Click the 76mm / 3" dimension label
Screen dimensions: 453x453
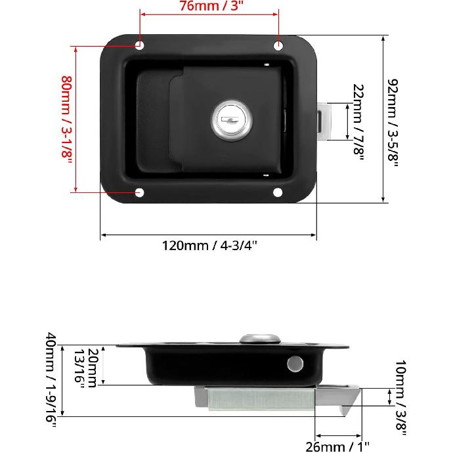(209, 7)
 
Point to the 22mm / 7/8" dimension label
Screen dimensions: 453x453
(358, 120)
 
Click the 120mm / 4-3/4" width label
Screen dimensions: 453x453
(209, 246)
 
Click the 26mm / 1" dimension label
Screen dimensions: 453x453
(337, 446)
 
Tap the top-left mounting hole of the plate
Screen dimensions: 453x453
(139, 45)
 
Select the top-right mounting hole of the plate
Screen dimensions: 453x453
(278, 45)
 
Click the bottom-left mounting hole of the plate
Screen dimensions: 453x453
(139, 192)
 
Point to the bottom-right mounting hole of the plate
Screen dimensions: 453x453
(278, 192)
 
